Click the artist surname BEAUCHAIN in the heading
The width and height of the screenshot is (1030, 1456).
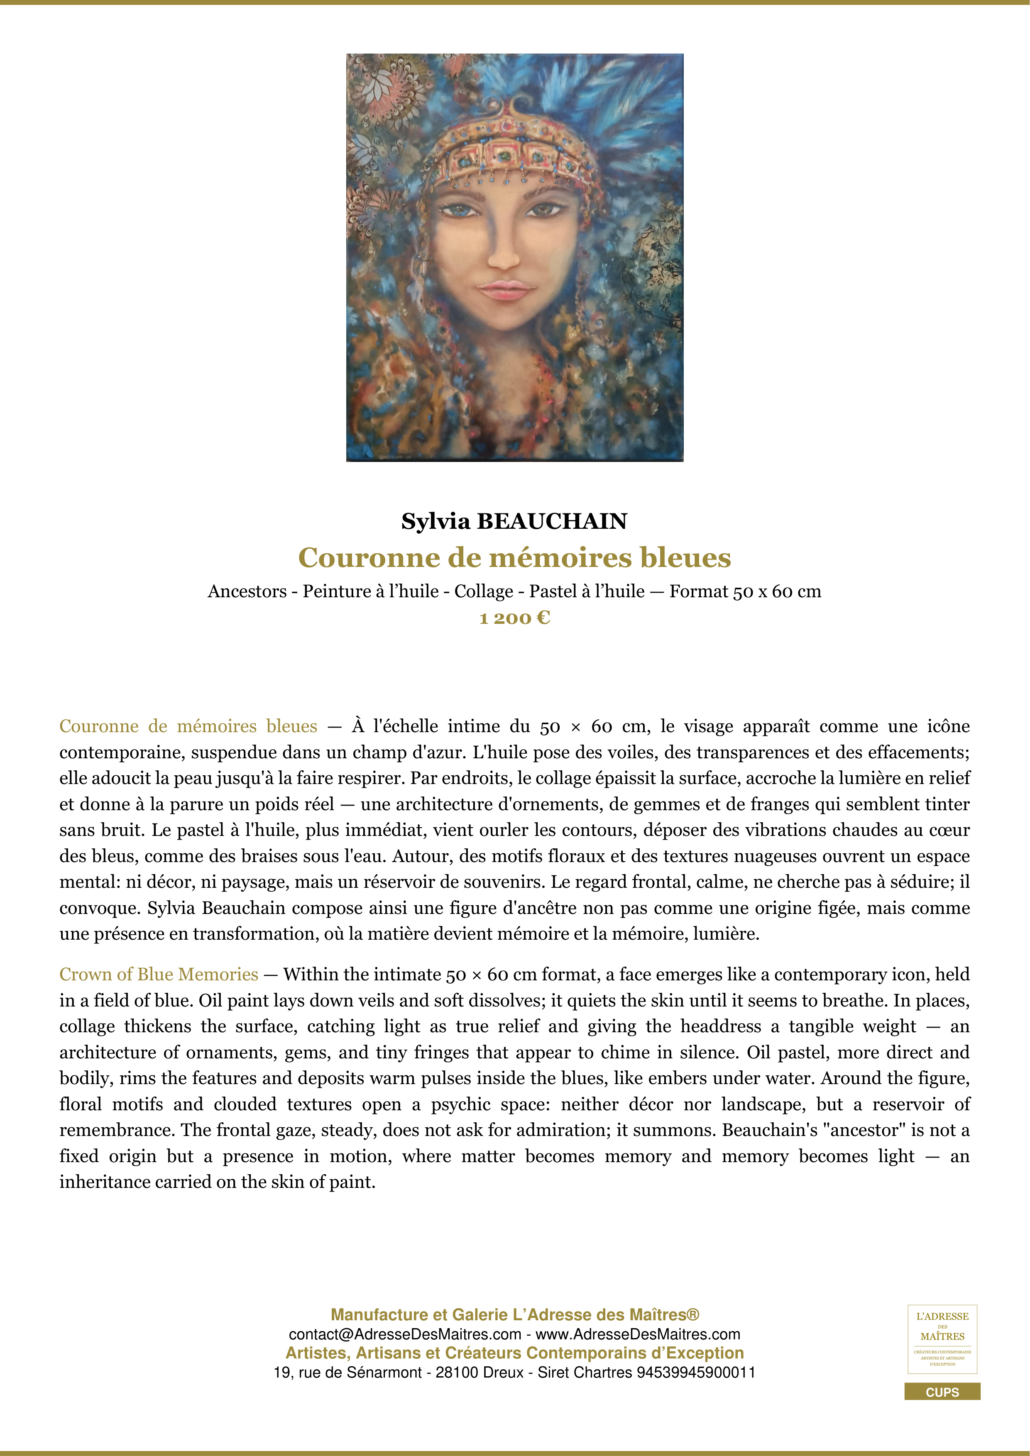pos(551,521)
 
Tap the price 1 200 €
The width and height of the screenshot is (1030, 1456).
pos(514,618)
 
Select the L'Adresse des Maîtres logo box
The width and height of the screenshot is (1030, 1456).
pos(942,1339)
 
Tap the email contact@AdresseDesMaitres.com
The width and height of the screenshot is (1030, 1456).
pos(405,1334)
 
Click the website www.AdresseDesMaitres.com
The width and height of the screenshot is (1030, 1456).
pos(638,1334)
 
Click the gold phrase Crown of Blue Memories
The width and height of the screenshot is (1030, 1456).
pos(159,974)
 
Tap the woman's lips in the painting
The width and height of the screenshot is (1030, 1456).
pos(506,291)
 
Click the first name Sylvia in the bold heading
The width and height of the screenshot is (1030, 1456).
pos(436,521)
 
